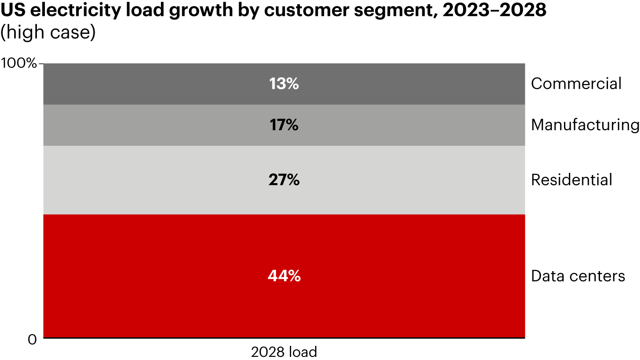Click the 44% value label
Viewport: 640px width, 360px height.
284,276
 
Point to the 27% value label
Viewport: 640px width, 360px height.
284,180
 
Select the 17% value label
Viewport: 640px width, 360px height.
284,125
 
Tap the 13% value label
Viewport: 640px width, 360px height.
284,84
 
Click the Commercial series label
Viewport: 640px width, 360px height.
576,84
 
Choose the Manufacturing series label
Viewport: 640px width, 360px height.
585,125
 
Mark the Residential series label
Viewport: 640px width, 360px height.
572,180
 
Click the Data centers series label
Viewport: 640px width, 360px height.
578,276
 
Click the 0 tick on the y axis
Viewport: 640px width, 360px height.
32,340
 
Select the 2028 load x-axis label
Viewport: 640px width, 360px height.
284,352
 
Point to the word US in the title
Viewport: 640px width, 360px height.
12,12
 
